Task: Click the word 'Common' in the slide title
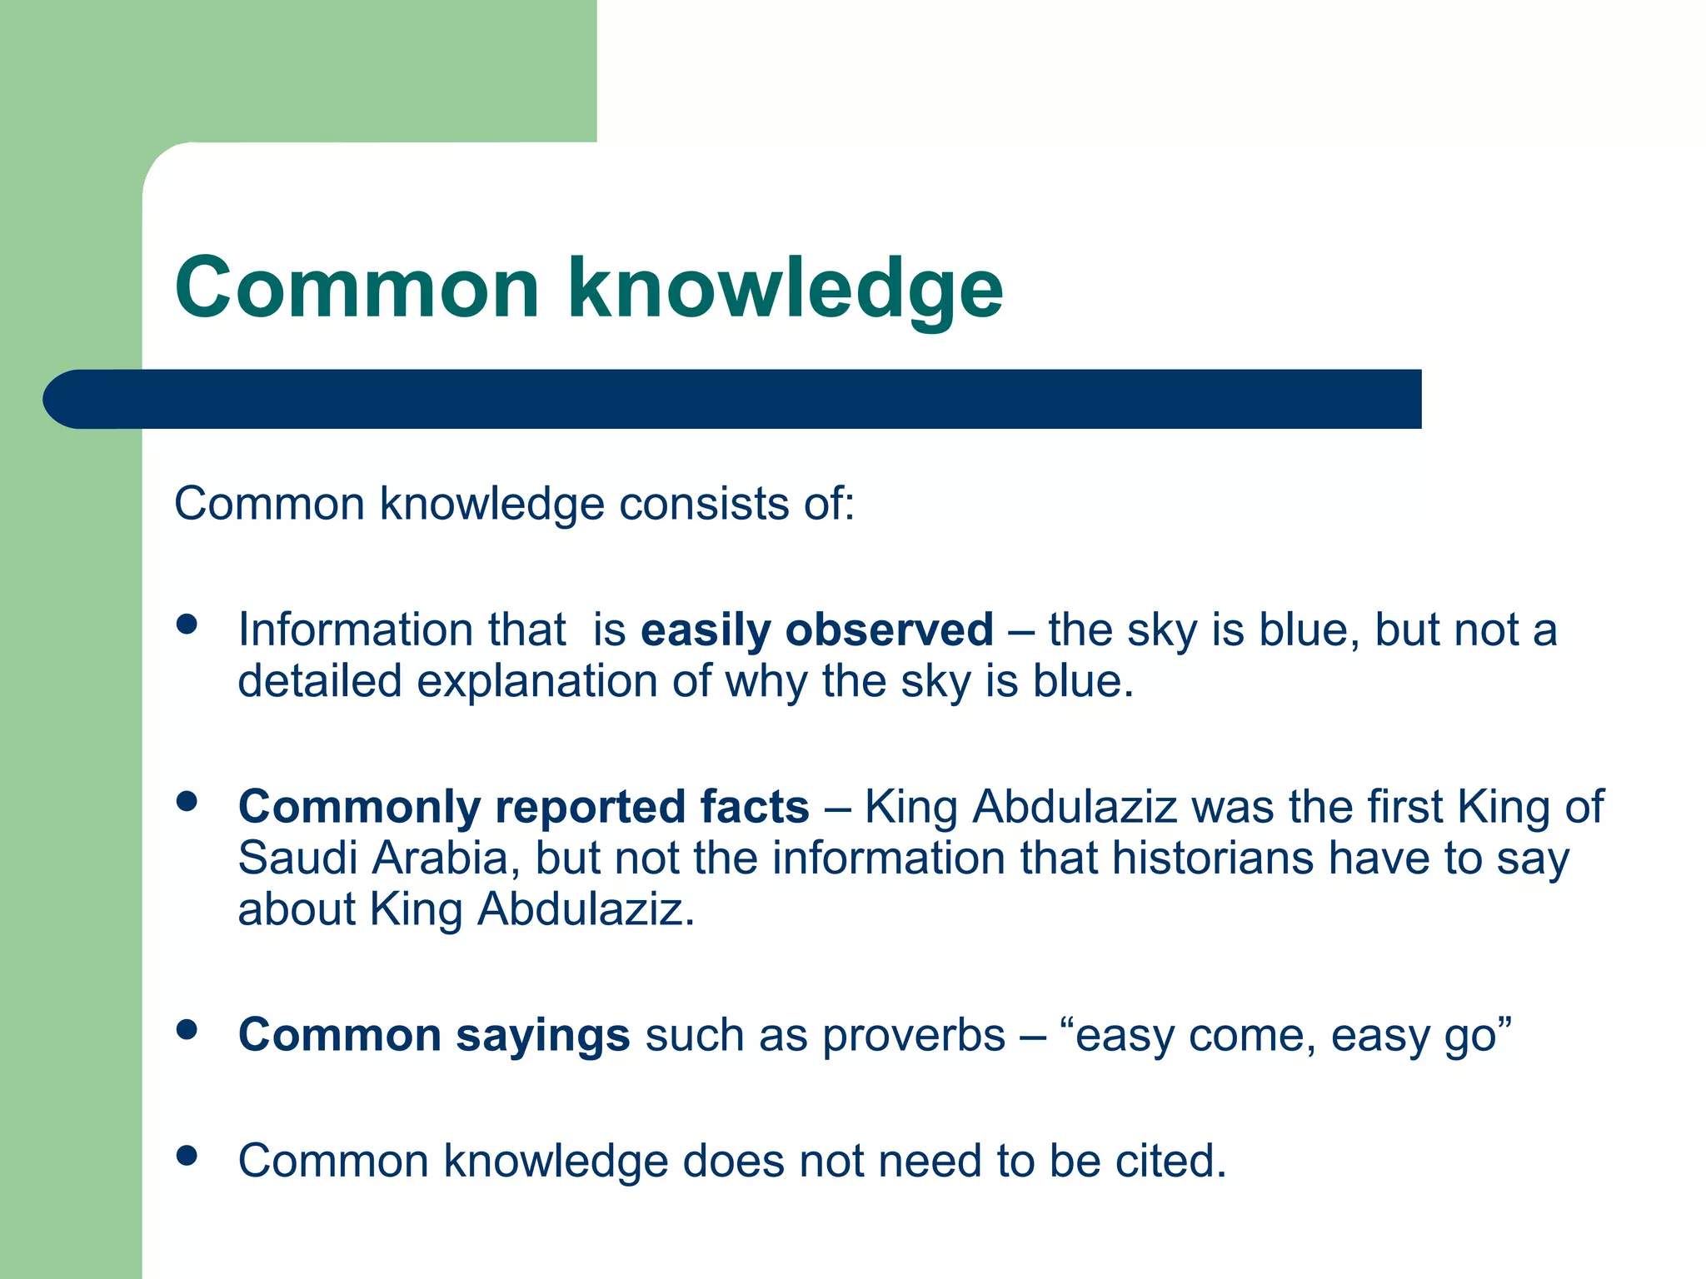(357, 289)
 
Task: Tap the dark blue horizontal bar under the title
(733, 399)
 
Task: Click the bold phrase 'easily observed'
(816, 630)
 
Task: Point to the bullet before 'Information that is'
(187, 625)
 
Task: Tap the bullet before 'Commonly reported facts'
(187, 802)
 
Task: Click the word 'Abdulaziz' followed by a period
(583, 909)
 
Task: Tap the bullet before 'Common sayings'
(187, 1030)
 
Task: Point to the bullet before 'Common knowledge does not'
(187, 1156)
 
